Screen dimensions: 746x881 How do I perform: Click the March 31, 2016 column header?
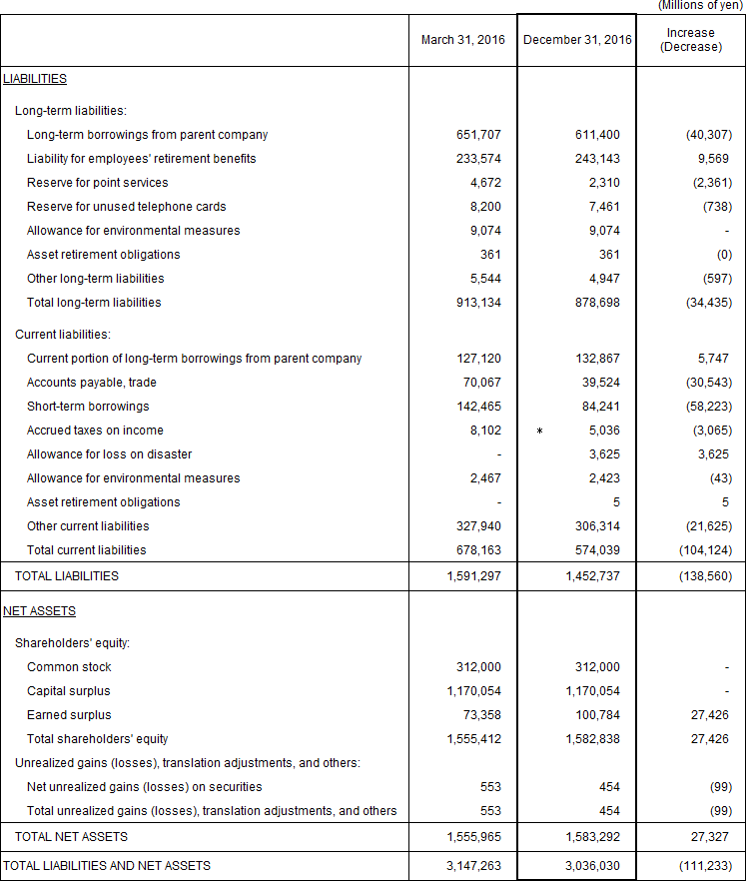pyautogui.click(x=462, y=40)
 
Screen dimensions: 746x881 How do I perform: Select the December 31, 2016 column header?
pyautogui.click(x=577, y=40)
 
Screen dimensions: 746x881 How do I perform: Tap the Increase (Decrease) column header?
pyautogui.click(x=691, y=40)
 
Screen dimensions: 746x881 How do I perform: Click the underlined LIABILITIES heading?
pyautogui.click(x=35, y=78)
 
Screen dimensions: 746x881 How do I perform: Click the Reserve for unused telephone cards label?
pyautogui.click(x=127, y=207)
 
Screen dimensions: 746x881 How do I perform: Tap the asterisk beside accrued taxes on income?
pyautogui.click(x=539, y=432)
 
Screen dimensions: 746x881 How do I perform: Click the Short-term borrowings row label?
pyautogui.click(x=88, y=407)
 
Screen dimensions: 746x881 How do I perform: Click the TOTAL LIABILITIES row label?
pyautogui.click(x=66, y=576)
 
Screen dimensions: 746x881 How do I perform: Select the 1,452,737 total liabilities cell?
pyautogui.click(x=592, y=576)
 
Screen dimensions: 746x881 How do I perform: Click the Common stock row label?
pyautogui.click(x=69, y=667)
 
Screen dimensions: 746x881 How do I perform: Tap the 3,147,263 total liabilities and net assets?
pyautogui.click(x=473, y=866)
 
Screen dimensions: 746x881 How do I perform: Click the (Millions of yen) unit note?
pyautogui.click(x=699, y=6)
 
